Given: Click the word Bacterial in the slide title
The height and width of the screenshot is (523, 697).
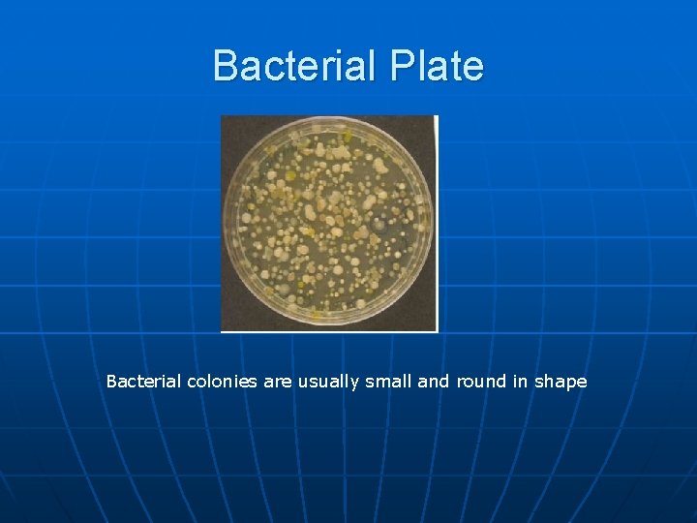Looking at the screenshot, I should (297, 66).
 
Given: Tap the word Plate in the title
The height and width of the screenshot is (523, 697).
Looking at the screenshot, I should (438, 66).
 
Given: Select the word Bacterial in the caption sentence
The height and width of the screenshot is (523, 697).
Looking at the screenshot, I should (143, 382).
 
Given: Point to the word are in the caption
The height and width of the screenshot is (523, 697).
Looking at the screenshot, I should (277, 382).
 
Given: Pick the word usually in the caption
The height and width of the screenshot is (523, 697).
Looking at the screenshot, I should (328, 382).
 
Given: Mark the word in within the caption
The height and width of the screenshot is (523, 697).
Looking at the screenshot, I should (520, 382).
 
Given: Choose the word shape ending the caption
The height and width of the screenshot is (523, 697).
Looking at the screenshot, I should (561, 382).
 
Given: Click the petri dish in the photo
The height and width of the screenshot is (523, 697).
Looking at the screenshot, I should (328, 223).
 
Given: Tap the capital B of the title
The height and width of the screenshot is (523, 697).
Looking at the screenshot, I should (225, 66).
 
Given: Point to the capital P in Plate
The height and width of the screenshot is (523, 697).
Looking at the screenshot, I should (404, 66).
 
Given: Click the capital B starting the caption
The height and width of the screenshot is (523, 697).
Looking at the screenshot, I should (111, 382).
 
